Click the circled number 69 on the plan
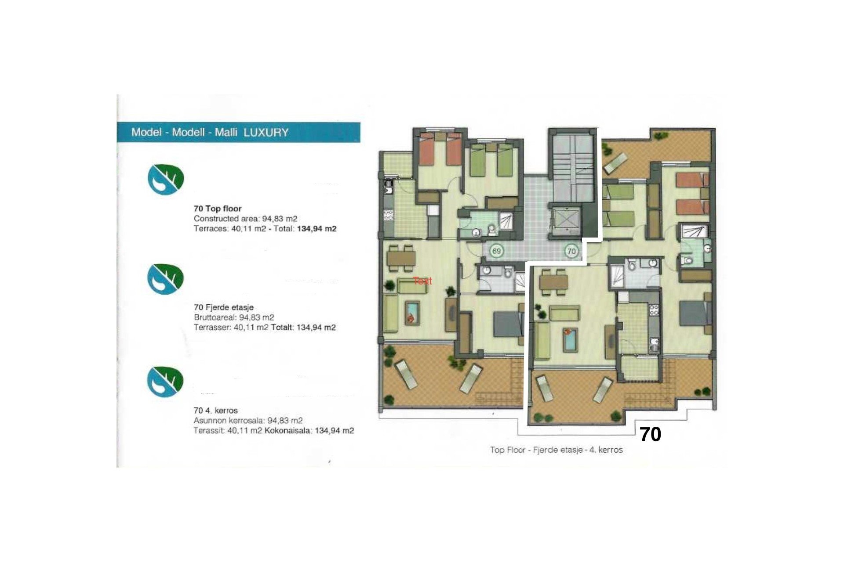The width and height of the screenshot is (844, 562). point(496,251)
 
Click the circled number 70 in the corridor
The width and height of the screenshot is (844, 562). point(571,251)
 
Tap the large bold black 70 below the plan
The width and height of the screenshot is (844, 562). point(650,434)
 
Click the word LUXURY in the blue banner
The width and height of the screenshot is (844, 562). point(266,133)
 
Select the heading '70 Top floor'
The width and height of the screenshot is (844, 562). point(218,209)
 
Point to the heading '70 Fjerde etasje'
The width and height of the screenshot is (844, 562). point(223,307)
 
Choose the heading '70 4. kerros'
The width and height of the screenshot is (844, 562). point(215,411)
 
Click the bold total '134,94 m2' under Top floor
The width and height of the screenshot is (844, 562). point(316,229)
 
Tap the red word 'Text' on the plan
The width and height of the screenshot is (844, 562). point(422,281)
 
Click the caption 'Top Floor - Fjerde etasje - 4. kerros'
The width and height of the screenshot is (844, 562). point(556,450)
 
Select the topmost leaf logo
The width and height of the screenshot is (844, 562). point(165,179)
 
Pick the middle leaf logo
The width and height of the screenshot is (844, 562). point(165,279)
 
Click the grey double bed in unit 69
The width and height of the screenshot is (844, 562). point(508,324)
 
